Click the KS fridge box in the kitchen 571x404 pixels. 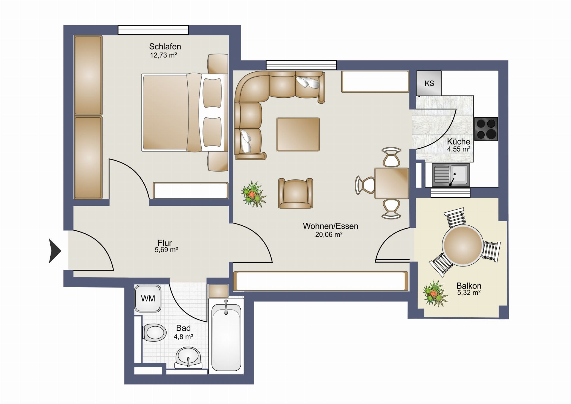pyautogui.click(x=429, y=83)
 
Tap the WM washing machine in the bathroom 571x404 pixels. pyautogui.click(x=148, y=298)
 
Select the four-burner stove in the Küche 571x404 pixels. pyautogui.click(x=486, y=129)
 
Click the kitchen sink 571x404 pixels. pyautogui.click(x=451, y=175)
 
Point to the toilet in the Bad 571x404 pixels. pyautogui.click(x=154, y=332)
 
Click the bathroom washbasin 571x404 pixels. pyautogui.click(x=188, y=357)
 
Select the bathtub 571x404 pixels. pyautogui.click(x=226, y=336)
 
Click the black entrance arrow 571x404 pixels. pyautogui.click(x=55, y=251)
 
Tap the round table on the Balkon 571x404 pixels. pyautogui.click(x=462, y=245)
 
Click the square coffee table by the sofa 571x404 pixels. pyautogui.click(x=298, y=134)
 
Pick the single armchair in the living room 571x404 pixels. pyautogui.click(x=296, y=193)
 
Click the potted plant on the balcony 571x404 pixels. pyautogui.click(x=435, y=293)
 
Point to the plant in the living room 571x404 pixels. pyautogui.click(x=254, y=194)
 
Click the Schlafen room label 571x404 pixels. pyautogui.click(x=165, y=46)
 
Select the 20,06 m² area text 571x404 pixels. pyautogui.click(x=329, y=235)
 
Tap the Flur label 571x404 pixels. pyautogui.click(x=164, y=243)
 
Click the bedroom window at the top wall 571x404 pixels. pyautogui.click(x=153, y=30)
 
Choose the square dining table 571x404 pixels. pyautogui.click(x=392, y=183)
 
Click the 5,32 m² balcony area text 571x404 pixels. pyautogui.click(x=469, y=293)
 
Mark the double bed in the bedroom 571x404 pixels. pyautogui.click(x=184, y=113)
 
